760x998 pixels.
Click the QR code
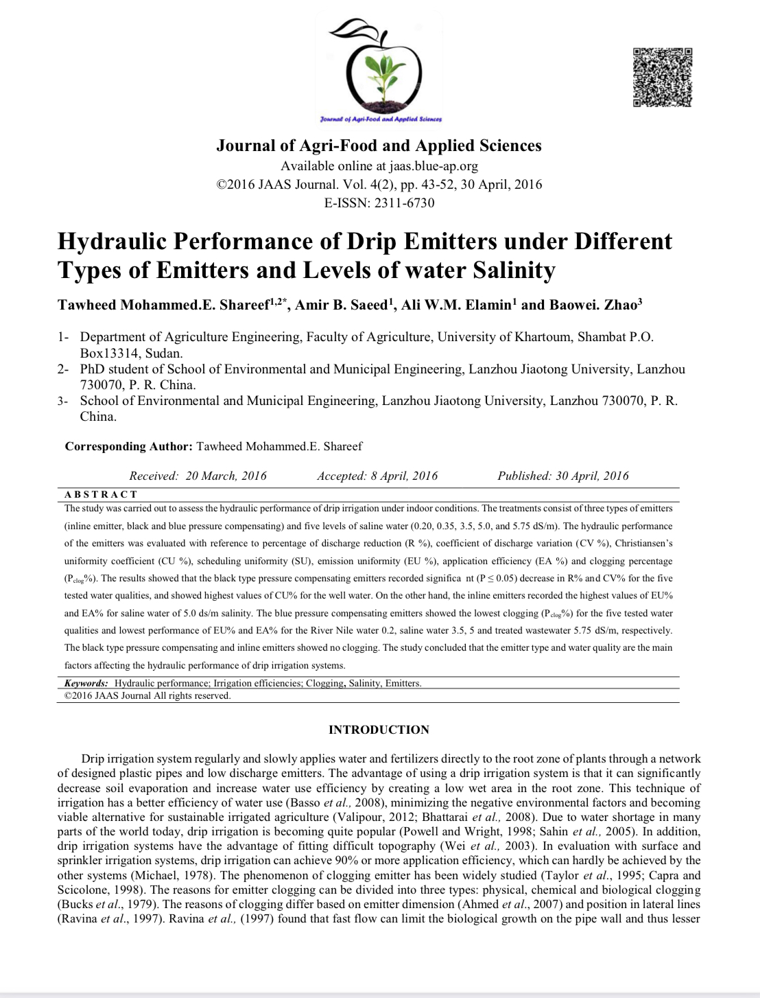coord(662,77)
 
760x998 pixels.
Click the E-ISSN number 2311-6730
coord(404,202)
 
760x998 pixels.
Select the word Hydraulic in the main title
coord(112,242)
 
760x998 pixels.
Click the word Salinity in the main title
coord(514,270)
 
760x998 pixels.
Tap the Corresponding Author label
coord(128,446)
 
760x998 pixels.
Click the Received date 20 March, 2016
coord(226,476)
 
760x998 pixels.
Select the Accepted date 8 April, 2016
coord(404,476)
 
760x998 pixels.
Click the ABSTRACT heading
coord(101,494)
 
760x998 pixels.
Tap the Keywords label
coord(86,683)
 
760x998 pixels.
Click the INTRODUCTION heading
coord(379,730)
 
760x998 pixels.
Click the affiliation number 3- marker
coord(63,401)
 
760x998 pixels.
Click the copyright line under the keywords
coord(147,695)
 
